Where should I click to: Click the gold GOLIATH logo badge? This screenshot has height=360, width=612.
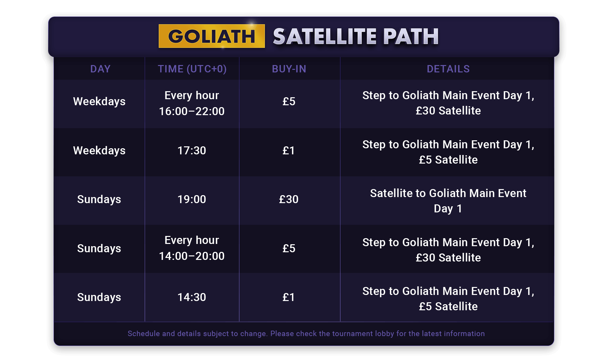coord(212,36)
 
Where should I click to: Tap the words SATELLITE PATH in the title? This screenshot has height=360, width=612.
coord(356,36)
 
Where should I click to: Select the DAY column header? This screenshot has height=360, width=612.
coord(100,69)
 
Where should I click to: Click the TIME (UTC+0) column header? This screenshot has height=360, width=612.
coord(192,69)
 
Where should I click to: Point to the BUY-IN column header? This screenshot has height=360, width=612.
coord(289,69)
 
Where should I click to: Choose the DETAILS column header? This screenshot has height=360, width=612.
coord(448,69)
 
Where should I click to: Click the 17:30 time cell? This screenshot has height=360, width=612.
coord(192,151)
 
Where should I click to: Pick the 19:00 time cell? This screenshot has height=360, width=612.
coord(192,199)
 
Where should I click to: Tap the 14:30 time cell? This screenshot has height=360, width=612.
coord(192,297)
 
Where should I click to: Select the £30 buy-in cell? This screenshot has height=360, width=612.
coord(289,199)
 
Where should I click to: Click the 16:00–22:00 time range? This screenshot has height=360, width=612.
coord(192,111)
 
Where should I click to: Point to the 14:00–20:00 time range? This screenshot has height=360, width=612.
coord(192,256)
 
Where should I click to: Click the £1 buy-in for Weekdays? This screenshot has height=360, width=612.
coord(289,151)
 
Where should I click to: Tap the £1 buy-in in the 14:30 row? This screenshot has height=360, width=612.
coord(289,297)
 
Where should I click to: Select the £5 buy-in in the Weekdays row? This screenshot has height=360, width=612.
coord(289,101)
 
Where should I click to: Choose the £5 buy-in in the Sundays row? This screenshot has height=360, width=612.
coord(289,248)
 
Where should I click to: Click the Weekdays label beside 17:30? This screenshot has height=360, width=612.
coord(99,151)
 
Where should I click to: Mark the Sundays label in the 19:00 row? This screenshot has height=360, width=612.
coord(99,199)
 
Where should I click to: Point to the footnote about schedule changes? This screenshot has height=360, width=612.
coord(306,334)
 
